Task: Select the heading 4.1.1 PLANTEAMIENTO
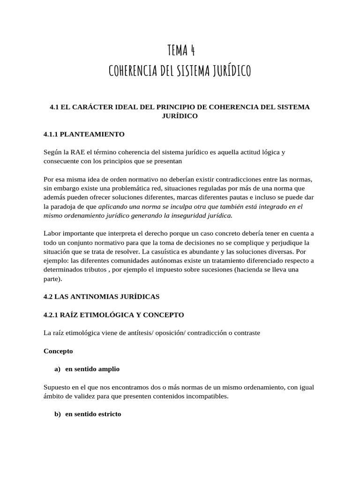tap(84, 134)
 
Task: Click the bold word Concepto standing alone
tap(58, 351)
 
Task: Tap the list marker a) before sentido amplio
tap(58, 369)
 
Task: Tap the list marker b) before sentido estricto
tap(58, 414)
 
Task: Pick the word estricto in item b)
tap(109, 414)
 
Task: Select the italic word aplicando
tap(113, 206)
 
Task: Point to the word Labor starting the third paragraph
tap(52, 233)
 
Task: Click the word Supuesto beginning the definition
tap(58, 387)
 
